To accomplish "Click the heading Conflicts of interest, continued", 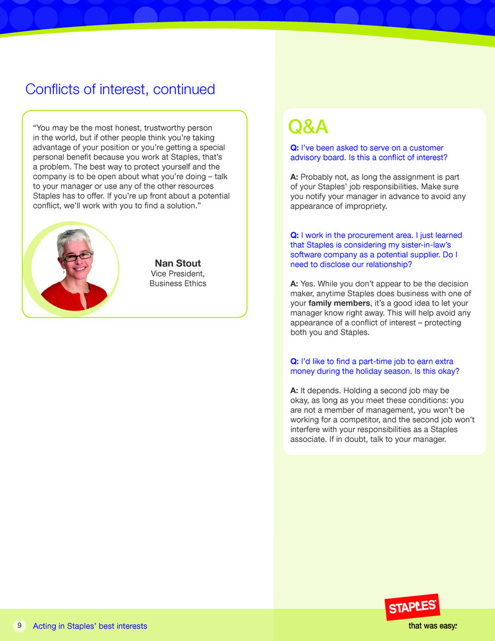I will pyautogui.click(x=120, y=89).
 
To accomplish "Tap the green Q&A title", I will pyautogui.click(x=308, y=126).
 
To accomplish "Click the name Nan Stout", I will pyautogui.click(x=178, y=263).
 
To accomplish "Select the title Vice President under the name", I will pyautogui.click(x=178, y=273).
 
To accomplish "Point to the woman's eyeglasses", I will pyautogui.click(x=77, y=255).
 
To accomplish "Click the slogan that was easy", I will pyautogui.click(x=432, y=626).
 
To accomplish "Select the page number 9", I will pyautogui.click(x=19, y=626).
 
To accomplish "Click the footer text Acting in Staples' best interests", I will pyautogui.click(x=90, y=626).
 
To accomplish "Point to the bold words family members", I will pyautogui.click(x=338, y=304).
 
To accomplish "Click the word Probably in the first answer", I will pyautogui.click(x=318, y=177).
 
